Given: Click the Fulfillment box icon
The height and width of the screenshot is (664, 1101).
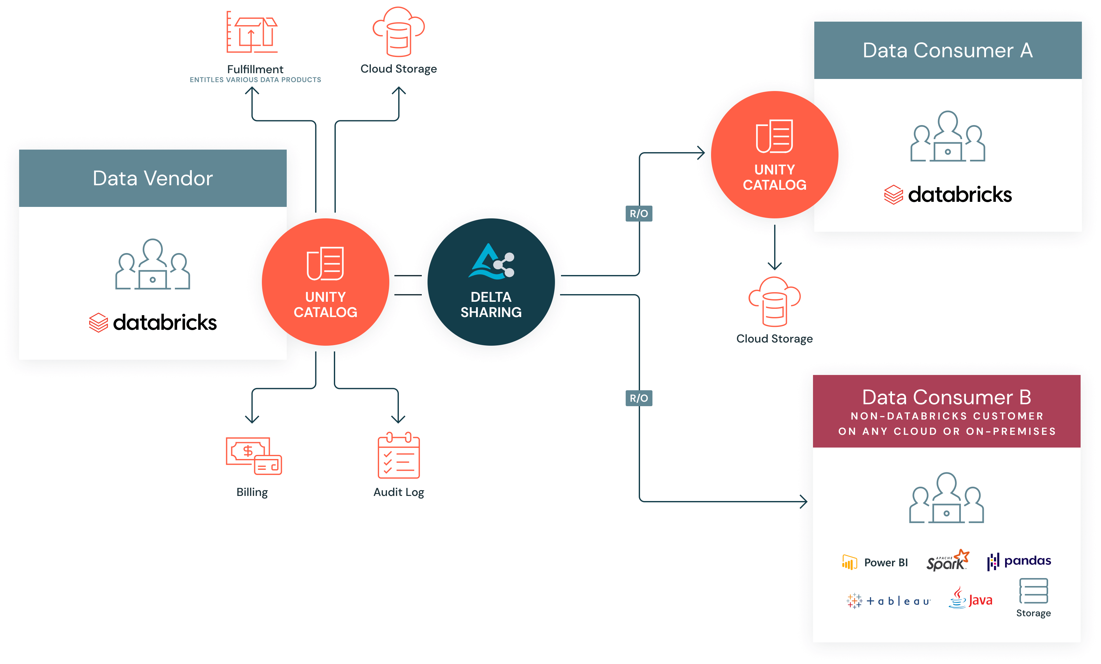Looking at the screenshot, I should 252,32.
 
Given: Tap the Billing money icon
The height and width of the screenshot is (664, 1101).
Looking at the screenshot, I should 253,456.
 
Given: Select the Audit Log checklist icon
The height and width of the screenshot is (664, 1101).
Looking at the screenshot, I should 399,456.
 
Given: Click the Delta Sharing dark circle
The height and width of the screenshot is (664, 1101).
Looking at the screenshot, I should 491,282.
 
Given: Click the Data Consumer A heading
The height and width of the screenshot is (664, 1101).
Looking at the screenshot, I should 947,50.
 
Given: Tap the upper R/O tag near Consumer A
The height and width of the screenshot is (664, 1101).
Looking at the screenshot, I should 638,214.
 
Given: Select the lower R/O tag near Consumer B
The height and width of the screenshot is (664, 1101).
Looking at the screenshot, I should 638,398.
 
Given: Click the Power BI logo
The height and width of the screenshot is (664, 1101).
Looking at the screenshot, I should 874,562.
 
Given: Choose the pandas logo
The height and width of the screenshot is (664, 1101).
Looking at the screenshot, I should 1019,561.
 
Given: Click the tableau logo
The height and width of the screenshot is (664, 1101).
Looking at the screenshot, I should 888,601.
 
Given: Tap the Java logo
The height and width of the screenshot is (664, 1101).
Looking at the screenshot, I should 970,598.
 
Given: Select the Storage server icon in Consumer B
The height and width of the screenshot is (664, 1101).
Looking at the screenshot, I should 1033,591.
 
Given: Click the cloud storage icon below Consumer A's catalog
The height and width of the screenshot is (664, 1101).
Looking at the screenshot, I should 774,301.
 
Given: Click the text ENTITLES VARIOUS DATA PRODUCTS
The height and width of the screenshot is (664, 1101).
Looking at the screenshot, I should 255,80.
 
